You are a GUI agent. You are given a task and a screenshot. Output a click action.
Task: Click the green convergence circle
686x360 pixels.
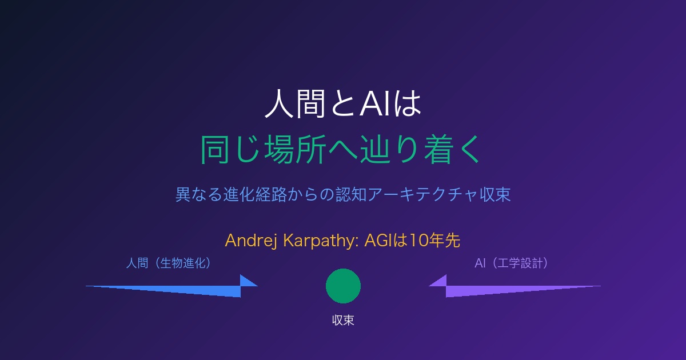point(343,286)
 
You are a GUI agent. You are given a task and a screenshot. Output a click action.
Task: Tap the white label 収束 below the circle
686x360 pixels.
point(343,320)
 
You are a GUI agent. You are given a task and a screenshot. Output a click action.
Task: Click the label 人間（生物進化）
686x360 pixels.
point(169,263)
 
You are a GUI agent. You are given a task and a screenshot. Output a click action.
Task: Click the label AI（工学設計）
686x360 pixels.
point(512,263)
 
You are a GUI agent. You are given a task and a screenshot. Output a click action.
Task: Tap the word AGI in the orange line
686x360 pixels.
point(378,241)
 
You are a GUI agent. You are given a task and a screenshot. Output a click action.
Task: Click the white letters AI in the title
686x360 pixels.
point(374,104)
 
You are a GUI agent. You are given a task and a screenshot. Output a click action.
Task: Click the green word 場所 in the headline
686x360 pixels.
point(295,150)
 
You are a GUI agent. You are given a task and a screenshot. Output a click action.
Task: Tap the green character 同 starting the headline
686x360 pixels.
point(215,150)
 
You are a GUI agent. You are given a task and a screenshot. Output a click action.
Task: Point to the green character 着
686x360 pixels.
point(439,150)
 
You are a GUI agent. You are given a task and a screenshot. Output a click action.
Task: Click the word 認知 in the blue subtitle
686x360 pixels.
point(351,194)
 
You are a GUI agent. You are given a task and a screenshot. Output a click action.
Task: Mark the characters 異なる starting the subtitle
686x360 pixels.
point(199,194)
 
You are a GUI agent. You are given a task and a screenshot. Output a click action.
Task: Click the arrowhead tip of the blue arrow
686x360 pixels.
point(258,286)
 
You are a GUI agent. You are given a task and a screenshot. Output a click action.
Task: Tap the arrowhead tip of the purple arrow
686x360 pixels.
point(429,286)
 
